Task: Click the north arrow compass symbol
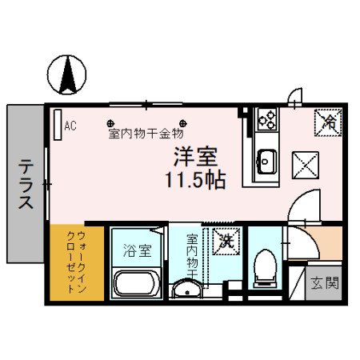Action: (x=68, y=74)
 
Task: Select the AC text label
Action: (x=70, y=125)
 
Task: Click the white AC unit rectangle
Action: (x=58, y=126)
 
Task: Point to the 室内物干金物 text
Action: (x=146, y=134)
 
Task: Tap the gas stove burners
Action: (x=266, y=121)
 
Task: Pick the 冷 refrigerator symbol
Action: (x=328, y=122)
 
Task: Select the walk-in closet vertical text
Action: (x=76, y=262)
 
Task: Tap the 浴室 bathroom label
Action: (x=137, y=251)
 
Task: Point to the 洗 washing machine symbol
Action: (x=226, y=239)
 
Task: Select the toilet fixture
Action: (x=262, y=268)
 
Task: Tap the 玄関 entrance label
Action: (x=324, y=282)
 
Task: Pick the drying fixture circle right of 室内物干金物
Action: (x=182, y=124)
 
